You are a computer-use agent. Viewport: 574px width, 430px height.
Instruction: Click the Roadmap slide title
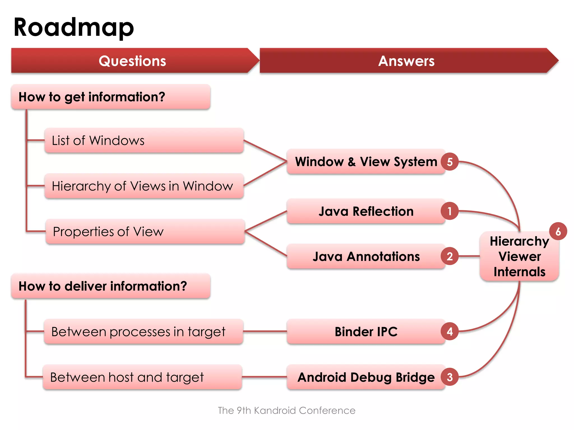coord(74,27)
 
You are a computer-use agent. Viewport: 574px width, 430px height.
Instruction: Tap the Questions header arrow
coord(132,61)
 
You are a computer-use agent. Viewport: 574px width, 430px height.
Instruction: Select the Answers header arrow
coord(406,61)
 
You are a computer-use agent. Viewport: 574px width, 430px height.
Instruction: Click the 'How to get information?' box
coord(111,97)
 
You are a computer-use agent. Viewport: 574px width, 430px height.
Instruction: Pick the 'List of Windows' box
coord(144,140)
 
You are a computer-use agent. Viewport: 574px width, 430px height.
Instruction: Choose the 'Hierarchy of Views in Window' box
coord(144,186)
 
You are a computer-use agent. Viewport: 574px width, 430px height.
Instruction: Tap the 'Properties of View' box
coord(145,232)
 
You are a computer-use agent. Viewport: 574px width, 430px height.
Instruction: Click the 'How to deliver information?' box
coord(111,286)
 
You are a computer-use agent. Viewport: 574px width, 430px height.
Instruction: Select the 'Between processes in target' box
coord(143,331)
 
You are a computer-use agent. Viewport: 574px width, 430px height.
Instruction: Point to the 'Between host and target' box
coord(142,377)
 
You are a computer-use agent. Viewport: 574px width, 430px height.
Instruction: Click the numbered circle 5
coord(450,162)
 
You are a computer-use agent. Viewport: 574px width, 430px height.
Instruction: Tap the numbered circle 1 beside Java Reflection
coord(450,211)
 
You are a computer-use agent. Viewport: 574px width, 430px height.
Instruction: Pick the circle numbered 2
coord(450,256)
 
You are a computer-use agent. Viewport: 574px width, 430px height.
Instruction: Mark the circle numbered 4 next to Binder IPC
coord(450,331)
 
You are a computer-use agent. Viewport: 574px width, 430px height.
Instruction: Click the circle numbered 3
coord(450,377)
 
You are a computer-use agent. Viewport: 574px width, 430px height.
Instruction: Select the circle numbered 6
coord(558,232)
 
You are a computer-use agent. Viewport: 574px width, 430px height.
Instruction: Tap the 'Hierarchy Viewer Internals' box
coord(519,256)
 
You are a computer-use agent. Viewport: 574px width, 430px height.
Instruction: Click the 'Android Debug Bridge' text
coord(366,377)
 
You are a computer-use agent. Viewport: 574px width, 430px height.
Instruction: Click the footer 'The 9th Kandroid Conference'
coord(286,410)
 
